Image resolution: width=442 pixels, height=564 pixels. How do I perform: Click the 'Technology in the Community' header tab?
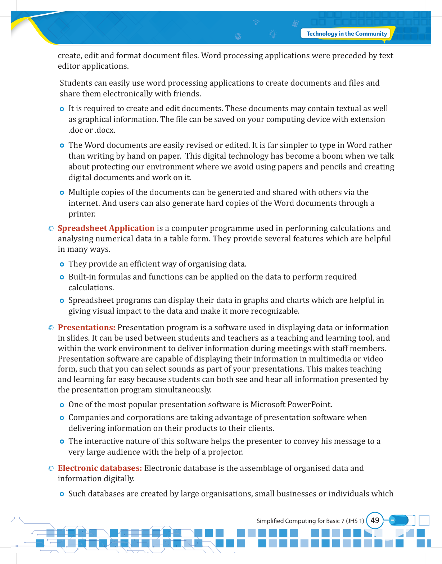(346, 34)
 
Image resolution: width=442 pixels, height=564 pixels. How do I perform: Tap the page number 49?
(375, 520)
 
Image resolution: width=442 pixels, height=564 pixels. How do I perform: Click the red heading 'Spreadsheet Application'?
(106, 228)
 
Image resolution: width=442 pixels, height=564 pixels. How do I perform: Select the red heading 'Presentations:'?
(86, 327)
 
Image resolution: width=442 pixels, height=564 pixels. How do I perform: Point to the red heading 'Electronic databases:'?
(100, 468)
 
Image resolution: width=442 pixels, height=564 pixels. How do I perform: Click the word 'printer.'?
(82, 214)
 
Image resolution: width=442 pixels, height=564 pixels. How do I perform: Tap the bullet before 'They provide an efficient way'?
(62, 264)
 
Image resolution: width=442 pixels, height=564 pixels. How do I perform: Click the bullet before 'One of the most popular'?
(62, 405)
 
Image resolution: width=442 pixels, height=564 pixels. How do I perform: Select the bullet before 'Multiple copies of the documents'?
(62, 193)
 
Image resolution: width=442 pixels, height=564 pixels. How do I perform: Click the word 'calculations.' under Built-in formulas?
(91, 287)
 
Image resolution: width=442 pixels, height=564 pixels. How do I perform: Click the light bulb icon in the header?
(272, 34)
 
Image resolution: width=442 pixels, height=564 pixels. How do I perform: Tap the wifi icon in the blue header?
(256, 22)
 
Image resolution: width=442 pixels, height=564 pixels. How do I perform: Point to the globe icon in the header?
(238, 36)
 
